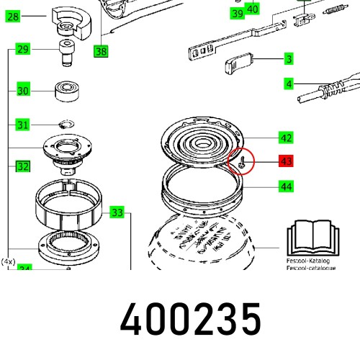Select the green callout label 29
[23, 50]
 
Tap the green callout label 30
[23, 91]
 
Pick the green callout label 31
[23, 125]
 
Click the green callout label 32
[23, 166]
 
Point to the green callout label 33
[117, 212]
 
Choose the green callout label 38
[100, 51]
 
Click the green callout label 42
[286, 138]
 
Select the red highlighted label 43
[286, 162]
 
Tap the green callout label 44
[286, 186]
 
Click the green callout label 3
[288, 59]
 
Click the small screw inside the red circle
[243, 162]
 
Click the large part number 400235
[191, 319]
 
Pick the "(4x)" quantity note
[9, 261]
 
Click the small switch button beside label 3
[238, 64]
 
